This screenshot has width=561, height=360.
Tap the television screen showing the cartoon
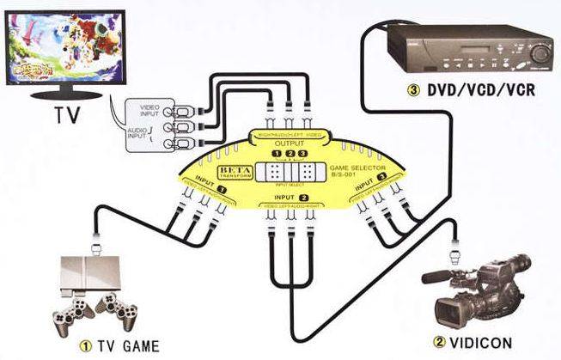pyautogui.click(x=63, y=51)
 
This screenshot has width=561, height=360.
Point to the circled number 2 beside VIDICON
pyautogui.click(x=439, y=344)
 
